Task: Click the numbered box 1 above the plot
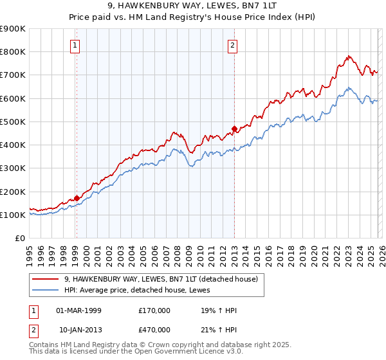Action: click(x=76, y=45)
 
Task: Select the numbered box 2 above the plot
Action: click(x=232, y=45)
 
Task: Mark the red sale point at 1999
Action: click(x=77, y=198)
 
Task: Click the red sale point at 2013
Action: click(x=234, y=128)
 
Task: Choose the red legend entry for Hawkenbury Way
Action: click(x=161, y=279)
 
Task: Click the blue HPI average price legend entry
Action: click(x=142, y=290)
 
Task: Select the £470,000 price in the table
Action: click(x=154, y=329)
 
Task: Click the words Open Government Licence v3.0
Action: click(x=190, y=353)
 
